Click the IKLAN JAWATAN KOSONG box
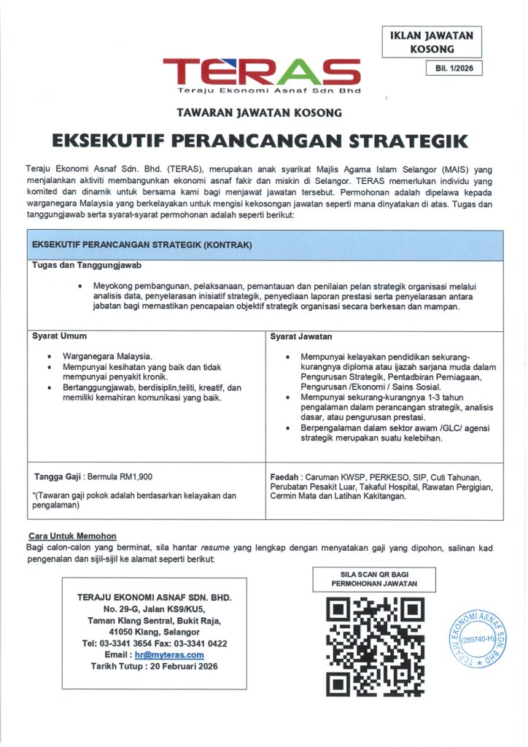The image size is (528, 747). tap(432, 42)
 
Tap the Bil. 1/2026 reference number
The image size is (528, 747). tap(454, 69)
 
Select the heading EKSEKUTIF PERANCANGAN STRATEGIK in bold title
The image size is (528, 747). tap(259, 140)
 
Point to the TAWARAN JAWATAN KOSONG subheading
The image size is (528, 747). tap(259, 113)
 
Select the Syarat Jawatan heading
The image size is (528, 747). tap(301, 336)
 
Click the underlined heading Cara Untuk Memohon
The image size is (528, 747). tap(71, 536)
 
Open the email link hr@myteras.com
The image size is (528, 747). tap(169, 655)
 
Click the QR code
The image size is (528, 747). tap(374, 645)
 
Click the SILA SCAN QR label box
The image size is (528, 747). tap(374, 579)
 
